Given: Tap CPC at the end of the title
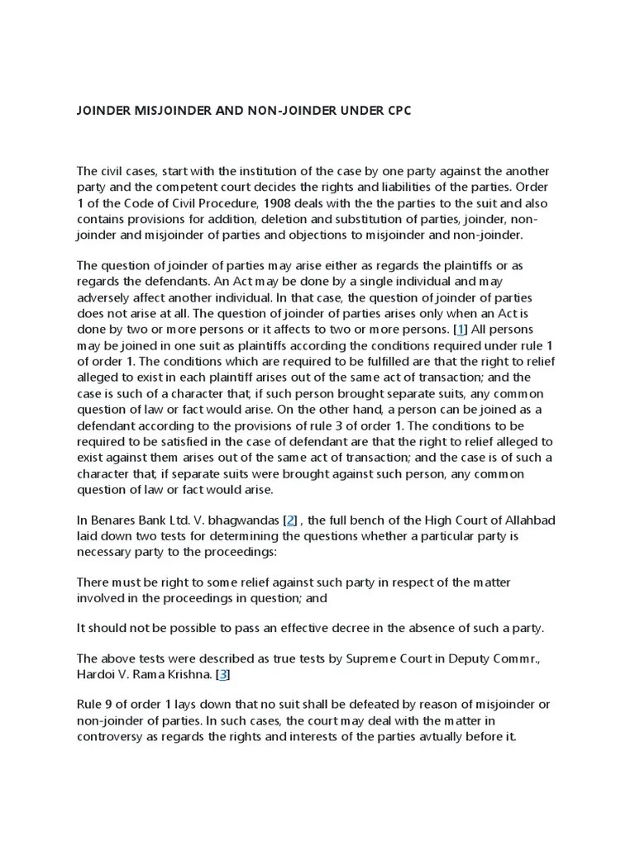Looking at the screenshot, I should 396,111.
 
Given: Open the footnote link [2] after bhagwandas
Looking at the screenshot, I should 289,520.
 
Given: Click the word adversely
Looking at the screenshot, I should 105,297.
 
